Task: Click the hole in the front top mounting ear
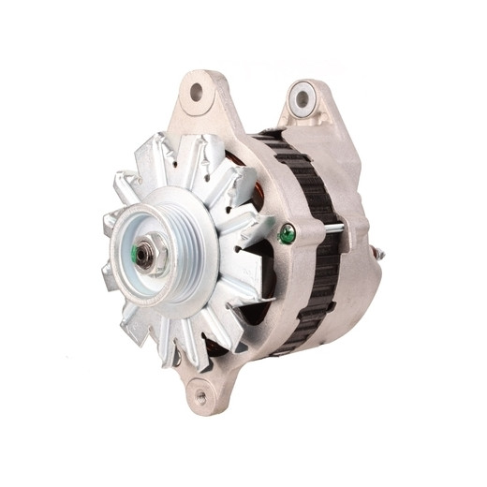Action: pos(198,92)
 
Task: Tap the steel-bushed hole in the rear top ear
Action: pos(301,96)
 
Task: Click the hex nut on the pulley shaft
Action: pos(147,254)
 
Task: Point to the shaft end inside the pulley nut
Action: pos(145,254)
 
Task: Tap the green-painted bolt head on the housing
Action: pos(287,234)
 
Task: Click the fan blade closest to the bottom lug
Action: pos(187,342)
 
